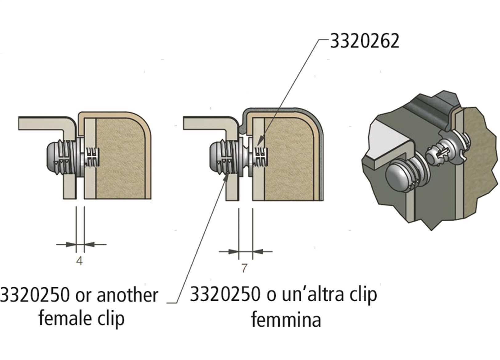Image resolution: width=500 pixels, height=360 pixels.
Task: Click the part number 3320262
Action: tap(364, 41)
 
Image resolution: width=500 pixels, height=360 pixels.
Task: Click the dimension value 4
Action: tap(79, 261)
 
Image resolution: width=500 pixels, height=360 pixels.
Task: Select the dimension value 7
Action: tap(244, 268)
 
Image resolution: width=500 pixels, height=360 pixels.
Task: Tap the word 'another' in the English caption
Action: tap(127, 295)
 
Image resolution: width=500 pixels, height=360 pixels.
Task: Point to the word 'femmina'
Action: tap(286, 320)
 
